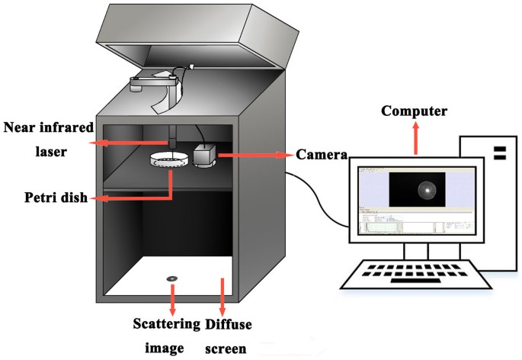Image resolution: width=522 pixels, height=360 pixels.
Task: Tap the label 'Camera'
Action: [321, 155]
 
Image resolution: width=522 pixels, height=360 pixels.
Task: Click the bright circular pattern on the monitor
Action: [427, 190]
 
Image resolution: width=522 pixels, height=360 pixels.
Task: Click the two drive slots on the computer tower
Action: [500, 153]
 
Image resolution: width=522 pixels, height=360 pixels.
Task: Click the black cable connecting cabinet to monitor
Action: [320, 202]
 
